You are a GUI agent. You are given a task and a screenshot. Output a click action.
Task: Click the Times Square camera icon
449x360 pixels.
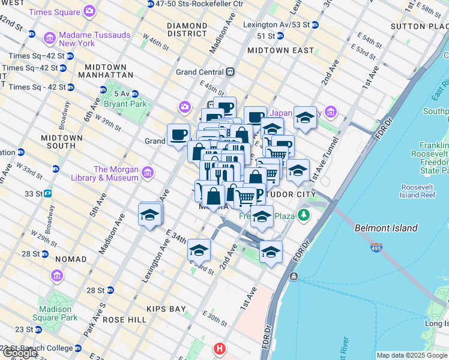click(x=89, y=11)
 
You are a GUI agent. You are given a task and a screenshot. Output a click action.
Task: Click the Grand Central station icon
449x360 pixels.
click(x=230, y=72)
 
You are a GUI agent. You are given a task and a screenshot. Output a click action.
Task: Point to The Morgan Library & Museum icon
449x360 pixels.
click(x=148, y=173)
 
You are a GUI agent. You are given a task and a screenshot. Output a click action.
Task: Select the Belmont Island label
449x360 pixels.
click(x=386, y=228)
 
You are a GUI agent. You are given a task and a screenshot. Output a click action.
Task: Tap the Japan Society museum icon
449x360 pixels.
click(x=330, y=112)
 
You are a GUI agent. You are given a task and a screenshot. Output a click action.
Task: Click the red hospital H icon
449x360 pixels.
click(x=220, y=348)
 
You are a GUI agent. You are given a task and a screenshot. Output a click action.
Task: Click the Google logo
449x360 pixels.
click(x=19, y=353)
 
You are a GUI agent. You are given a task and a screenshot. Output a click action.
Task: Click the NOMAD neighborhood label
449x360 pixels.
click(x=71, y=259)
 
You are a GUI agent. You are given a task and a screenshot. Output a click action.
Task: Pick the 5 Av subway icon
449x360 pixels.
click(x=135, y=94)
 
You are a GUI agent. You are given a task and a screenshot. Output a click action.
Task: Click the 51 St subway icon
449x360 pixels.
click(x=280, y=36)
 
